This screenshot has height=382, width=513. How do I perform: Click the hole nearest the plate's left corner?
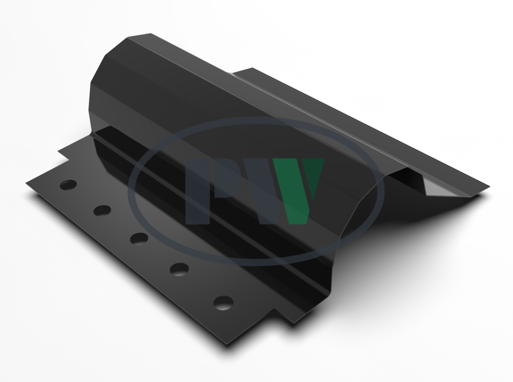[x=68, y=185]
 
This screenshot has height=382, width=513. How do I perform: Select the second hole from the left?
[x=102, y=210]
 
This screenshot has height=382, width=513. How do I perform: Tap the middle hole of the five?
[x=139, y=238]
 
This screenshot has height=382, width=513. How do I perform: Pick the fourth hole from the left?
[x=179, y=269]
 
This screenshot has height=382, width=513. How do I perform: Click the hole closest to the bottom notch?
[x=223, y=303]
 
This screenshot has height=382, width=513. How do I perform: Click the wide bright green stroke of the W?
[x=291, y=191]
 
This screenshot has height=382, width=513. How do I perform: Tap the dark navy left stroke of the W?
[x=266, y=191]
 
